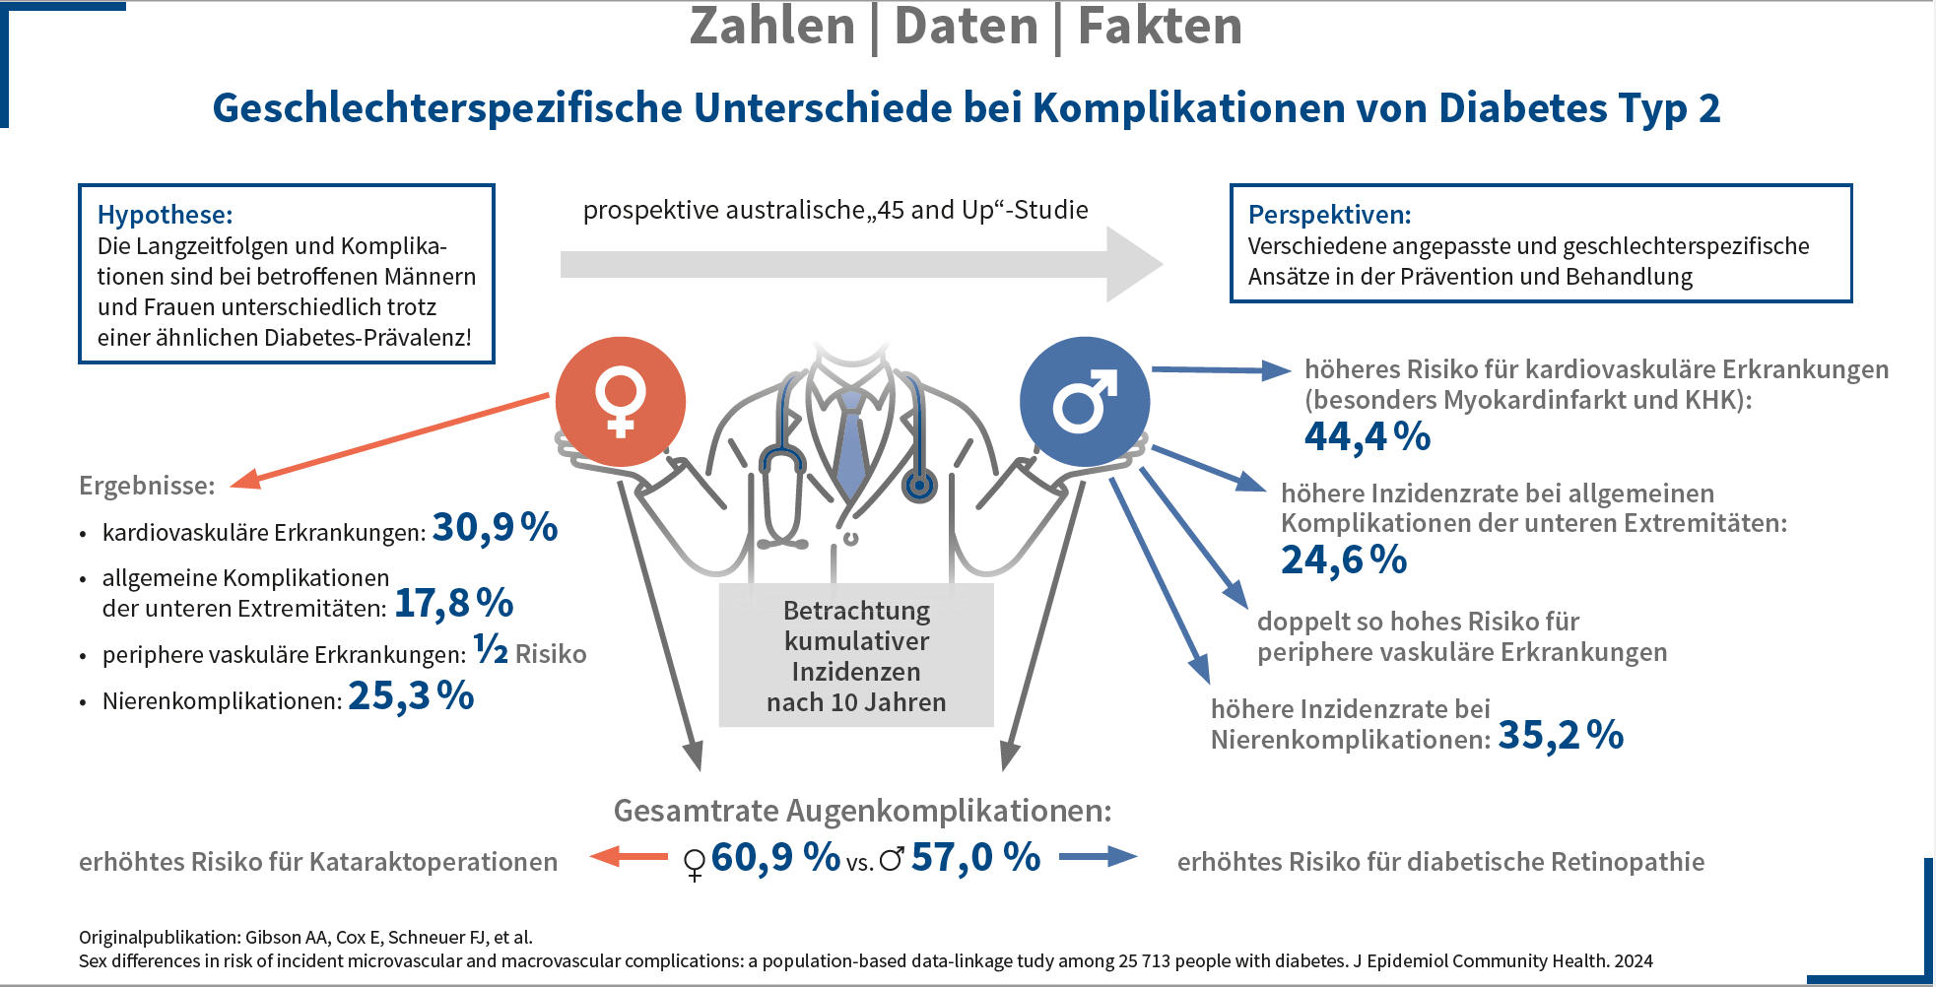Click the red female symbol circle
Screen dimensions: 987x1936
[x=620, y=402]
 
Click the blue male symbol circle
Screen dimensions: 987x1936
[x=1084, y=402]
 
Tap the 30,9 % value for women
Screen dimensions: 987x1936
[x=495, y=529]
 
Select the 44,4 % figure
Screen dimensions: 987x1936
[x=1368, y=436]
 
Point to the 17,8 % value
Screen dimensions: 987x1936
[x=454, y=604]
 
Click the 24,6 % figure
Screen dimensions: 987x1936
[x=1344, y=560]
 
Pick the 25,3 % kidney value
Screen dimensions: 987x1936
[x=411, y=696]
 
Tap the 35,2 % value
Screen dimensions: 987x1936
[x=1561, y=736]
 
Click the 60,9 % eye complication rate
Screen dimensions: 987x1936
[x=774, y=858]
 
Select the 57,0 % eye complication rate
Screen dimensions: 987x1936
[x=975, y=858]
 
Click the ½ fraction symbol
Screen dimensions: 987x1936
[x=491, y=649]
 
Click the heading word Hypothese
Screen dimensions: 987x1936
[x=165, y=215]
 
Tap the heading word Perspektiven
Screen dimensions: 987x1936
[x=1329, y=215]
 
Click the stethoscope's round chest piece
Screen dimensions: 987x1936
[x=919, y=485]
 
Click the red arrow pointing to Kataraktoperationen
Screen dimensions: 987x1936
[x=629, y=857]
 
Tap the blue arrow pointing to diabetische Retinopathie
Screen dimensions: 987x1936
[x=1098, y=857]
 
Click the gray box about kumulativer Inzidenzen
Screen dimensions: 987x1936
[x=856, y=656]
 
